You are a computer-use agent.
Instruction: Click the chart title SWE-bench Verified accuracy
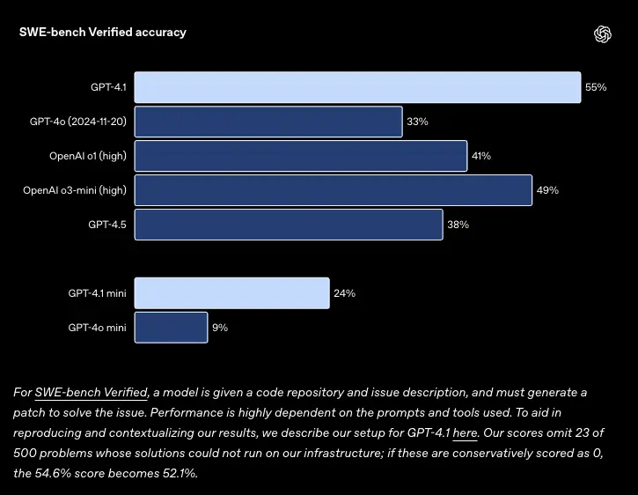point(103,33)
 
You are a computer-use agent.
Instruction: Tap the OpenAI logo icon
point(603,34)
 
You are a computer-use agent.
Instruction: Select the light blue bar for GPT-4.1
point(357,87)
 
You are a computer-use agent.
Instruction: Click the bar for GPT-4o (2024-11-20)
point(268,122)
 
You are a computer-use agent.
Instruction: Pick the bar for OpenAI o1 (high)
point(300,156)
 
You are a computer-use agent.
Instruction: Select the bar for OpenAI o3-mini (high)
point(333,190)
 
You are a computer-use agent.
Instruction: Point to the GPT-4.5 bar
point(288,225)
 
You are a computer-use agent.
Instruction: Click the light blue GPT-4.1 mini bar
point(231,293)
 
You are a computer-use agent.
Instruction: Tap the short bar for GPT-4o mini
point(171,328)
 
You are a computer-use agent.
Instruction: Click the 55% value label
point(596,87)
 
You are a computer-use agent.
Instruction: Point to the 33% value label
point(417,122)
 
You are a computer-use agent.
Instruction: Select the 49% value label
point(547,190)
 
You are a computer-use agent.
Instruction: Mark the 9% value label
point(220,328)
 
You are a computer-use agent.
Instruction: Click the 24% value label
point(344,293)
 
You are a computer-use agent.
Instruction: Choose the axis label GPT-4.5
point(107,225)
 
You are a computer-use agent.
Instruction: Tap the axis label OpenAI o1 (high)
point(88,156)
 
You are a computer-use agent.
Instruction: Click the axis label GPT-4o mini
point(98,328)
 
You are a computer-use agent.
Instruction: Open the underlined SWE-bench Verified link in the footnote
point(92,392)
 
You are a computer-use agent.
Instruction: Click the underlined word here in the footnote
point(465,432)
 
